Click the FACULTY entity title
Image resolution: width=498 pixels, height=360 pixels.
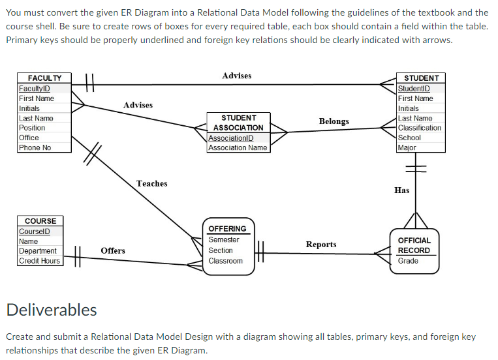point(44,78)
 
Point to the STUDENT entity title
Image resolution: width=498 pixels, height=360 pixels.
point(422,78)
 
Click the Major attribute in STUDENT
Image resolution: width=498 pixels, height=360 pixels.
point(407,147)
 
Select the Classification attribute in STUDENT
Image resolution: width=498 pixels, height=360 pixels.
point(420,128)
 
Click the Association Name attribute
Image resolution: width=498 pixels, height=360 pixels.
point(238,147)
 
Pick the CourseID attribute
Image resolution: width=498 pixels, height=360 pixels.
point(33,232)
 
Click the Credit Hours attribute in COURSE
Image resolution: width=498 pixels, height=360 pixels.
point(39,261)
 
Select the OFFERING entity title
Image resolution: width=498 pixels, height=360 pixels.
point(227,229)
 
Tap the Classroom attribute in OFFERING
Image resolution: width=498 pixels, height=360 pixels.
point(225,261)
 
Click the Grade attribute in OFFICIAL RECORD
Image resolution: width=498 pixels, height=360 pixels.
point(408,261)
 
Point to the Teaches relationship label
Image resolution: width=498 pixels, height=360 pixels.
point(151,184)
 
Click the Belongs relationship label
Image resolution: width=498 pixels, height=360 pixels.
point(334,121)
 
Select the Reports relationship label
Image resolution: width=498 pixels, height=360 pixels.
point(321,245)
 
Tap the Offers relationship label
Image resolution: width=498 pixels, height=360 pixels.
point(113,250)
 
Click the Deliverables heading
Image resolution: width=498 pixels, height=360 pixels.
point(52,310)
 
